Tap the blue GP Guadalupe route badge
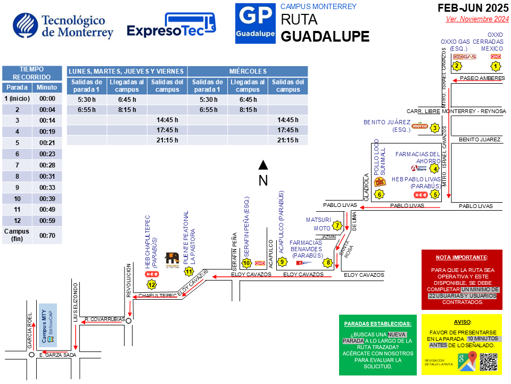tap(256, 24)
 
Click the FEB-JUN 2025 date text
tap(473, 8)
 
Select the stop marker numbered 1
tap(496, 66)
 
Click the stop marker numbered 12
tap(152, 284)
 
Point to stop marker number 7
tap(337, 226)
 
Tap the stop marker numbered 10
tap(246, 262)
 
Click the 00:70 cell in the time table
tap(47, 235)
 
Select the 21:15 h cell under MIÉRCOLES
tap(288, 140)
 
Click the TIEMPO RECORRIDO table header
tap(32, 73)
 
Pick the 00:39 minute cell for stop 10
tap(47, 198)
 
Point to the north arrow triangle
tap(262, 164)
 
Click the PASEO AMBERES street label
tap(482, 78)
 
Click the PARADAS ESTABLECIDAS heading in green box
tap(377, 324)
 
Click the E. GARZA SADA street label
tap(58, 355)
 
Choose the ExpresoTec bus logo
tap(172, 26)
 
